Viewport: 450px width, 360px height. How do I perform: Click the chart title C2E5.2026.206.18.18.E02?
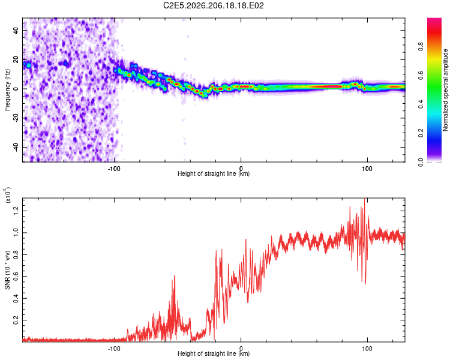(213, 5)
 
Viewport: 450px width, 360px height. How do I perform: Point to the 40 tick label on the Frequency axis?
(16, 31)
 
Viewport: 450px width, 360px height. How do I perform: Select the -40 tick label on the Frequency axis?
(16, 147)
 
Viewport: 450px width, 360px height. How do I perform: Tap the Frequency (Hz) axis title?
(7, 90)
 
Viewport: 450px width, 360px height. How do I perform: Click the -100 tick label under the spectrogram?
(114, 169)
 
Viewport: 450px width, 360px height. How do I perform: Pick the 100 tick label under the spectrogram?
(367, 169)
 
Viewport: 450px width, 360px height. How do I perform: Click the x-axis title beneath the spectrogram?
(214, 173)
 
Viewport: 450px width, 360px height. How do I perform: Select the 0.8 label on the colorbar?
(421, 46)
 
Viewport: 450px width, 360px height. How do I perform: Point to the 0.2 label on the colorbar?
(421, 133)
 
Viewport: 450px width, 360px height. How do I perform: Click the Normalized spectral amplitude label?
(445, 90)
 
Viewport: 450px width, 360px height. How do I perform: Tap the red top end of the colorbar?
(434, 20)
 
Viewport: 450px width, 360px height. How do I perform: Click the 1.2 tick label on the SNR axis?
(16, 211)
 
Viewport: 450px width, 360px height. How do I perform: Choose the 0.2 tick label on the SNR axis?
(16, 320)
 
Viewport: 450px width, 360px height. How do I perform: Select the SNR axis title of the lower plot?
(7, 270)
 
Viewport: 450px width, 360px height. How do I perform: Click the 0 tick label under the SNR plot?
(241, 349)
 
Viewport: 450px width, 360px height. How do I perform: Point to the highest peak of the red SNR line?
(364, 199)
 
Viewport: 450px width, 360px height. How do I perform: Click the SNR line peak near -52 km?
(174, 276)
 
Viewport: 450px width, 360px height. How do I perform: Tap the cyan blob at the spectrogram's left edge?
(28, 65)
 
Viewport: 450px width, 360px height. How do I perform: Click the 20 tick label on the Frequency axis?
(16, 60)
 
